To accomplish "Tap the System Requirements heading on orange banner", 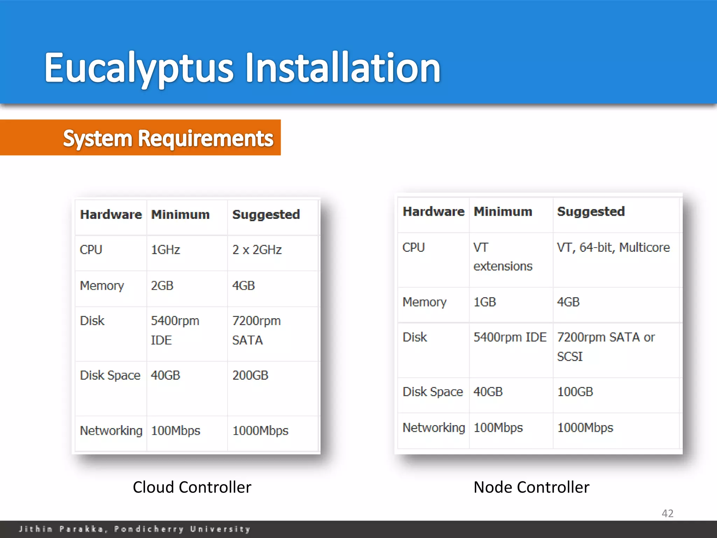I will pos(168,138).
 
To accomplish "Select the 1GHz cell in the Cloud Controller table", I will pos(166,250).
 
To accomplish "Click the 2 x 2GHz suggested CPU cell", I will pos(257,250).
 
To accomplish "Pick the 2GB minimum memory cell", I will pos(162,285).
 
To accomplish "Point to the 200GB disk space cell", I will pos(250,375).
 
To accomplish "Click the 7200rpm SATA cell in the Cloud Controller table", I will pos(256,330).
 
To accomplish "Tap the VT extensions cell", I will pos(503,257).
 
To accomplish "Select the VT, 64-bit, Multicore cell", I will pos(613,248).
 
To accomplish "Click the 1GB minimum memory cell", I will pos(485,302).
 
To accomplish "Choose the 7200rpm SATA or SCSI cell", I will pos(606,346).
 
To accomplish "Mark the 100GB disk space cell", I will pos(575,392).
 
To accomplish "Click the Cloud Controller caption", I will pos(192,487).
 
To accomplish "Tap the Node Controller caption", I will pos(531,487).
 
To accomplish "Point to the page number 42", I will pos(667,513).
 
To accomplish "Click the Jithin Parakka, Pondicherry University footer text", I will pos(135,529).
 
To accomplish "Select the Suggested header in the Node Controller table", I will pos(591,212).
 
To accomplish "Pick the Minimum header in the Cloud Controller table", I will pos(180,214).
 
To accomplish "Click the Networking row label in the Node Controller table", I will pos(434,428).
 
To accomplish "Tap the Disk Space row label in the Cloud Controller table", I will pos(110,375).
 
